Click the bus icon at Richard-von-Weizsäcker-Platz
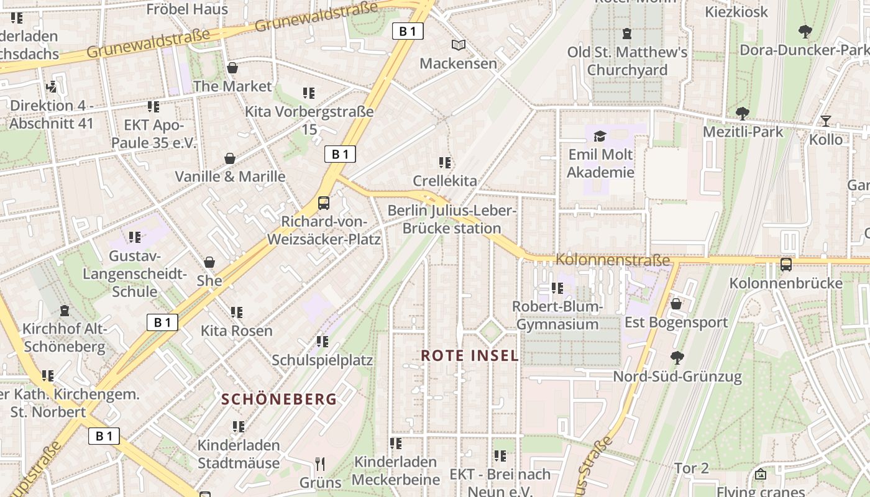(x=323, y=203)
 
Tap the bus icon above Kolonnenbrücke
(x=786, y=265)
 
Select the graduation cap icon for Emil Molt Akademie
(x=600, y=136)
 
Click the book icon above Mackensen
(x=458, y=45)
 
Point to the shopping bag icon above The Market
(x=232, y=68)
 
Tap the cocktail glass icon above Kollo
(x=825, y=121)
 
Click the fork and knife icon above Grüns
(x=320, y=464)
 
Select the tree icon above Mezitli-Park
(x=742, y=113)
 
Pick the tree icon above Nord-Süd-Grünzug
(x=677, y=357)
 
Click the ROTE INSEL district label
(x=470, y=355)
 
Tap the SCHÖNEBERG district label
(x=279, y=399)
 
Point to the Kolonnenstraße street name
(x=613, y=260)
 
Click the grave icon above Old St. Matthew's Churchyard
(x=627, y=34)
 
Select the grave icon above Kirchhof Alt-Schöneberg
(x=65, y=311)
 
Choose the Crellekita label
(x=445, y=181)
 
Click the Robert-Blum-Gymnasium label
(x=557, y=315)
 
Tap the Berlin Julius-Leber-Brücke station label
(x=452, y=219)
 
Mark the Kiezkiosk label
(x=736, y=12)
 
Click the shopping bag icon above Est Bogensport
(x=676, y=304)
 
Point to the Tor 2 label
(x=692, y=468)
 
